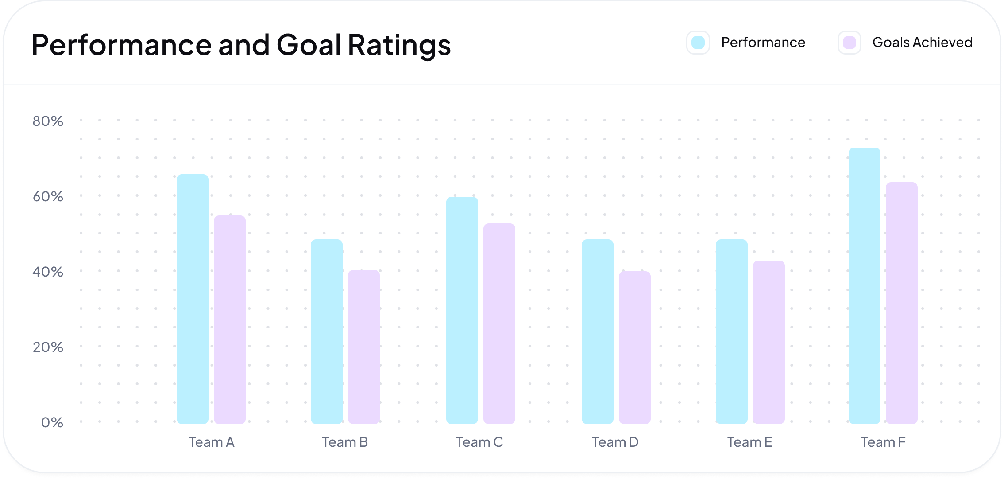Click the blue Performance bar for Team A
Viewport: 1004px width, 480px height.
pyautogui.click(x=192, y=299)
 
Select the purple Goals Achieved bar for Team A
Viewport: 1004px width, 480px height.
pyautogui.click(x=229, y=320)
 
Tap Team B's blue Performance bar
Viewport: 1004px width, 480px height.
pyautogui.click(x=326, y=332)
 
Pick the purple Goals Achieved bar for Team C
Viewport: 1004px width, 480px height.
pyautogui.click(x=499, y=324)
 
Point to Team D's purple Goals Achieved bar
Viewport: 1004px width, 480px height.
pyautogui.click(x=634, y=347)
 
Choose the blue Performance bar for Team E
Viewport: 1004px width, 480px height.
pyautogui.click(x=731, y=332)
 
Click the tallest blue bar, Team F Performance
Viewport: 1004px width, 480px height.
pyautogui.click(x=864, y=286)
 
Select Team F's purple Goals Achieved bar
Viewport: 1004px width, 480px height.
pyautogui.click(x=901, y=303)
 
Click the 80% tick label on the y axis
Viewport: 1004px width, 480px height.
pyautogui.click(x=48, y=121)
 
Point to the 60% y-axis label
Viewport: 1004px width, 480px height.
pyautogui.click(x=48, y=196)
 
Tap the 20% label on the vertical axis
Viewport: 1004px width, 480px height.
pyautogui.click(x=48, y=347)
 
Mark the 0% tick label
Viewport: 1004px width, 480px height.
pyautogui.click(x=52, y=422)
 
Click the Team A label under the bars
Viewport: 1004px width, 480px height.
pyautogui.click(x=212, y=442)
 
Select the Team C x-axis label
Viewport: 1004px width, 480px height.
pyautogui.click(x=479, y=442)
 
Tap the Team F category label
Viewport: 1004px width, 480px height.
pyautogui.click(x=883, y=442)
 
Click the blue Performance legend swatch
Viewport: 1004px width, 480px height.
pyautogui.click(x=698, y=43)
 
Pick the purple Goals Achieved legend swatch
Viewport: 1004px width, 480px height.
pyautogui.click(x=850, y=43)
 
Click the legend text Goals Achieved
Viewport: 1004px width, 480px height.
pyautogui.click(x=922, y=43)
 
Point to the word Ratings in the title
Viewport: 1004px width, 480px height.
pyautogui.click(x=399, y=45)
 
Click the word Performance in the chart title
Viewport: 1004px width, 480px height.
pyautogui.click(x=122, y=45)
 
